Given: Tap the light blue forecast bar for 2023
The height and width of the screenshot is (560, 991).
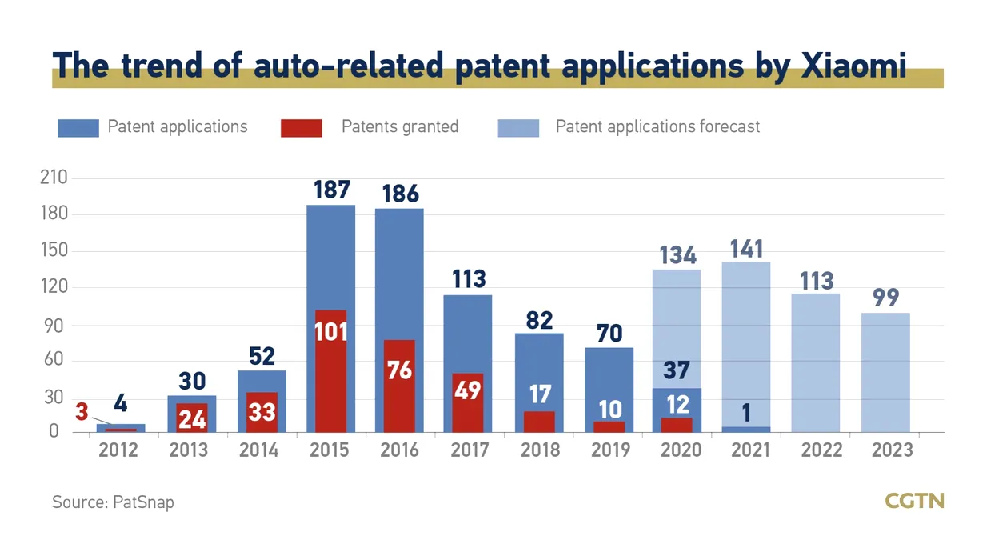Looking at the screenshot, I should pos(885,372).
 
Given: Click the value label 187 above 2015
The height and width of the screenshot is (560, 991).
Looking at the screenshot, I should pos(331,190).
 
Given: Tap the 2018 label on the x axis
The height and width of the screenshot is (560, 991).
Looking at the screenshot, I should pos(540,450).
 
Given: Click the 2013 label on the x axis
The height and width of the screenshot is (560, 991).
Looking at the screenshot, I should pos(189,450).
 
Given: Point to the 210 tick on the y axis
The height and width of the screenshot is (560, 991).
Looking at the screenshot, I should pos(55,178).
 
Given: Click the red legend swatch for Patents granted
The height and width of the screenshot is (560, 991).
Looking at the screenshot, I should pos(302,128).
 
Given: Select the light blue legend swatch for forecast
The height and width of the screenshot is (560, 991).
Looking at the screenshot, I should pos(518,128).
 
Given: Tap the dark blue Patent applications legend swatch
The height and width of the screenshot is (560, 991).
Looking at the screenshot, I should pos(78,128).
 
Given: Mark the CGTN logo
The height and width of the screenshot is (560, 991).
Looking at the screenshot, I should pos(914,502).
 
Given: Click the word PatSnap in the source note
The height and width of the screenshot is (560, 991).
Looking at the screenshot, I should pos(144,502).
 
